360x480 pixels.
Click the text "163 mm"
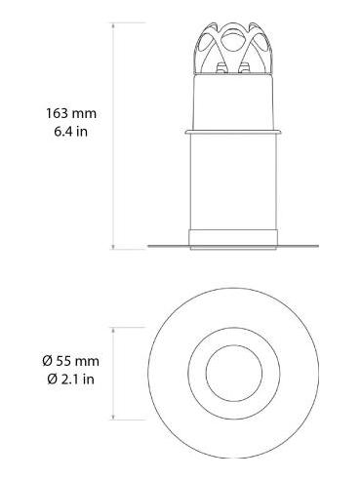70,114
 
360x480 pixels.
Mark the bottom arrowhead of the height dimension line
114,247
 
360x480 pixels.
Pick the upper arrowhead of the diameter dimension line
114,328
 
